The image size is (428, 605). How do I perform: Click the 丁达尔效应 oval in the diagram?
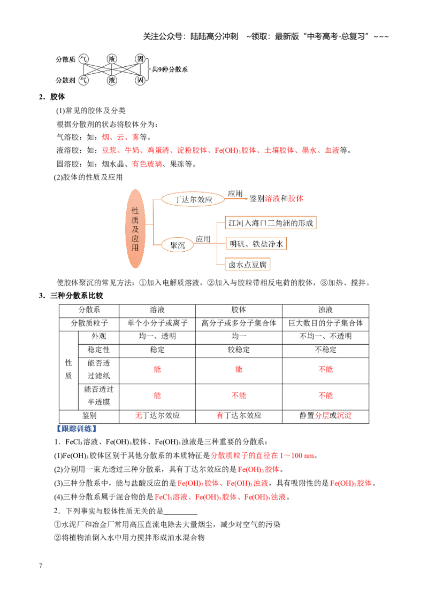pos(193,199)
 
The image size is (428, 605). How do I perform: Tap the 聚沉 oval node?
pos(177,245)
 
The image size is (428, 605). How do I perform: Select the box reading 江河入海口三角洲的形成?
pos(271,223)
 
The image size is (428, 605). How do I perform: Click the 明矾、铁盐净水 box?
pos(256,244)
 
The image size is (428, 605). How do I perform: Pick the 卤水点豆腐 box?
pos(248,265)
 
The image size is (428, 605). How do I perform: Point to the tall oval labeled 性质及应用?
pos(135,229)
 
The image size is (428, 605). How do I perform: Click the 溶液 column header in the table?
pos(157,310)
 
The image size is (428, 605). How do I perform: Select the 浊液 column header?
pos(325,310)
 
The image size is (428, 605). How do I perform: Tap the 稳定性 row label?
pos(98,350)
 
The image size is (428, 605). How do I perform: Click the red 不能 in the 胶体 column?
pos(239,395)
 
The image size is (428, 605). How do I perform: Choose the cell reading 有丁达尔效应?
pos(239,416)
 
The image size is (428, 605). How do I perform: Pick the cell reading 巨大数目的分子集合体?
pos(325,323)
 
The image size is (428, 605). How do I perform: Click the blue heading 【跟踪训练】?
pos(76,429)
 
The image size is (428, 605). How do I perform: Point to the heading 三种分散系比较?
pos(77,296)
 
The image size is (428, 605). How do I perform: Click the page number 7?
pos(41,565)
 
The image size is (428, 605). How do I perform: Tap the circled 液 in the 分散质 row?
pos(112,59)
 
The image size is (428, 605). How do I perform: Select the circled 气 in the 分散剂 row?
pos(83,80)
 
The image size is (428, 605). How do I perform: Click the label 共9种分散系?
pos(170,69)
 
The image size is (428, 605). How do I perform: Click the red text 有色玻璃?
pos(147,164)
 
